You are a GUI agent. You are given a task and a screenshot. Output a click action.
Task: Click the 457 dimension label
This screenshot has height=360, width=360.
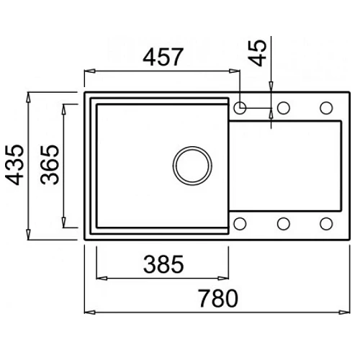163,57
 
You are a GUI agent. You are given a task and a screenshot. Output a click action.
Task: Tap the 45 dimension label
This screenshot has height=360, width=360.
258,53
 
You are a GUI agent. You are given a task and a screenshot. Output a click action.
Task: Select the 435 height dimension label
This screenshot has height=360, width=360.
14,165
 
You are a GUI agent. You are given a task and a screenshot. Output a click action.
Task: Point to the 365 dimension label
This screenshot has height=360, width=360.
50,165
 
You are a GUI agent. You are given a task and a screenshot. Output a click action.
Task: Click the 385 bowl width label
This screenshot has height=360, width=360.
163,264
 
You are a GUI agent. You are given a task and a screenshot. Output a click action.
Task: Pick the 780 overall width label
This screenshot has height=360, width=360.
218,299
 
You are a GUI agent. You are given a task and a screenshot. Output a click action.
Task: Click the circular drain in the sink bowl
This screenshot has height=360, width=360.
192,166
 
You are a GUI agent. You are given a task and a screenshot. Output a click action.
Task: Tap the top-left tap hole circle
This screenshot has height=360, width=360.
240,107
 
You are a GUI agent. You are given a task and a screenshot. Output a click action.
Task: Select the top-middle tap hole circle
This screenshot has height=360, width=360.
284,107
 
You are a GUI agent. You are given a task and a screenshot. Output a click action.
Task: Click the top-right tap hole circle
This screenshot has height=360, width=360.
326,107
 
